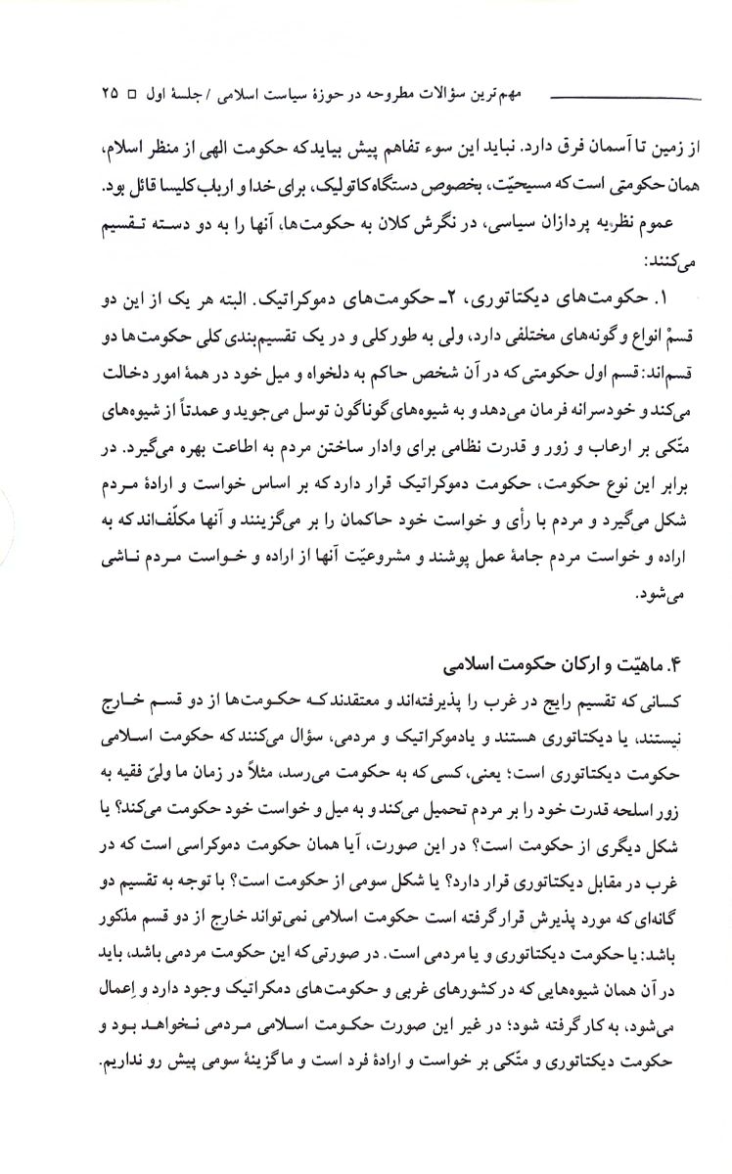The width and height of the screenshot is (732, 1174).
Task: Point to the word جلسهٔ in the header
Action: point(201,96)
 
